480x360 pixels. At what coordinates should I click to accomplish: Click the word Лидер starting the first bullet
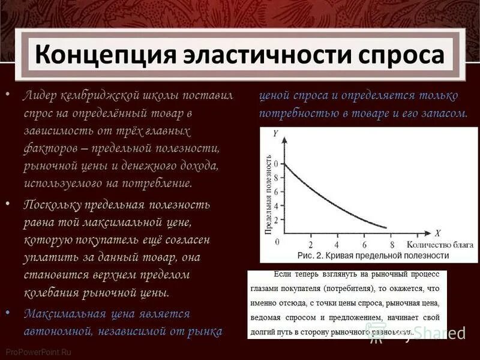41,96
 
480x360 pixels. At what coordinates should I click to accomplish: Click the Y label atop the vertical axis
275,134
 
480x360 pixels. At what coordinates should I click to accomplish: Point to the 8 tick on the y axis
276,177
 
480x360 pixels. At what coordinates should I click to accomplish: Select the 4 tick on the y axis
276,206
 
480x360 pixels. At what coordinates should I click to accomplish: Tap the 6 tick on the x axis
364,244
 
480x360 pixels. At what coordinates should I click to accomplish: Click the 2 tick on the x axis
310,244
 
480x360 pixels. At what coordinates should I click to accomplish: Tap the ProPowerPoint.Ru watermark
37,352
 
